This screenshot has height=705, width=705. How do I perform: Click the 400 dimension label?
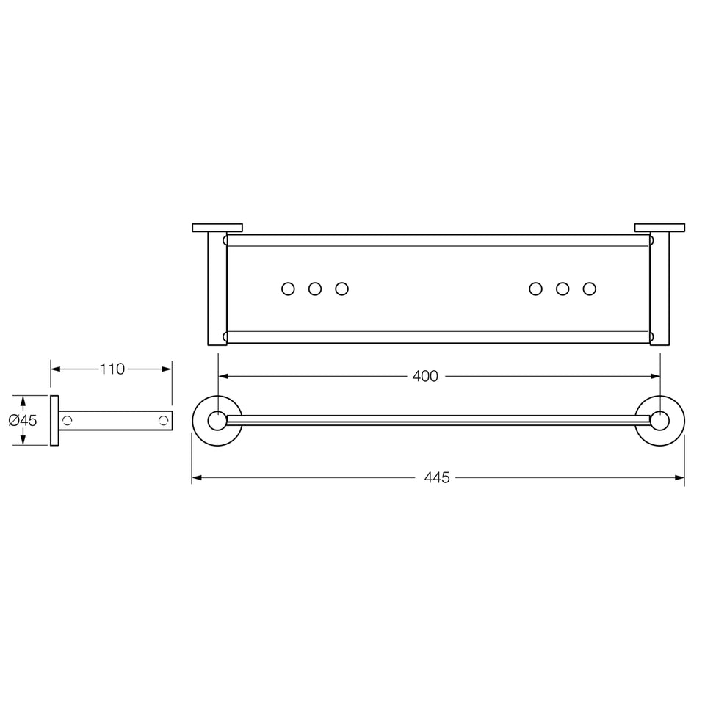point(425,376)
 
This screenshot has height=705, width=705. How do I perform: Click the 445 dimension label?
point(436,477)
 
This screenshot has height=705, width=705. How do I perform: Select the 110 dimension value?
point(112,369)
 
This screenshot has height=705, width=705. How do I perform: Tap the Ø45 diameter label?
point(23,420)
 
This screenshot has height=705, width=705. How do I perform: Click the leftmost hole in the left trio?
point(288,289)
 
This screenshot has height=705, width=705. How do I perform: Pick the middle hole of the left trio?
point(315,289)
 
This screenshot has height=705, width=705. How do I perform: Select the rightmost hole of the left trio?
point(341,289)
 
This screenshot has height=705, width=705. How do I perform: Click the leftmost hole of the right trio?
point(535,289)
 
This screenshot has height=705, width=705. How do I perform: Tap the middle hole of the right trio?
point(563,289)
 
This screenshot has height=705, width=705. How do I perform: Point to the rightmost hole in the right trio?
point(590,289)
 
